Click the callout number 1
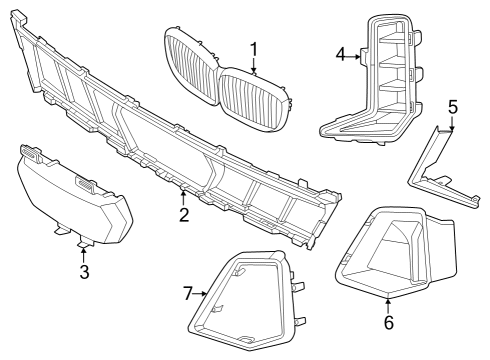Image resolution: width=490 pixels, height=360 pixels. click(254, 48)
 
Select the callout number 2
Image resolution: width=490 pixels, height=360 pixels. click(183, 214)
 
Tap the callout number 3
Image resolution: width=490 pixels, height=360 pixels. click(84, 271)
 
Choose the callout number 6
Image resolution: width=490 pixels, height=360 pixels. click(388, 322)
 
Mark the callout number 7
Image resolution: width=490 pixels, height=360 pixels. click(187, 293)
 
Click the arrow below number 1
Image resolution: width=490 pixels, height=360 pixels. click(255, 67)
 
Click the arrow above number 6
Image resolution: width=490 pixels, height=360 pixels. click(388, 303)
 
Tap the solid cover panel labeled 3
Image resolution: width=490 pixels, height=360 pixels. click(70, 195)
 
